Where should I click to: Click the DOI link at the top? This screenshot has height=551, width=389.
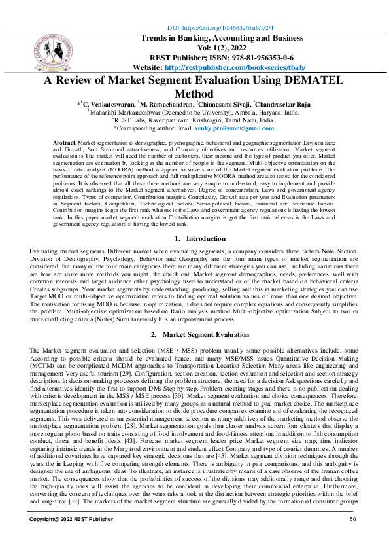coord(220,29)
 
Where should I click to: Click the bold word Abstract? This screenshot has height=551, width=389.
coord(64,142)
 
